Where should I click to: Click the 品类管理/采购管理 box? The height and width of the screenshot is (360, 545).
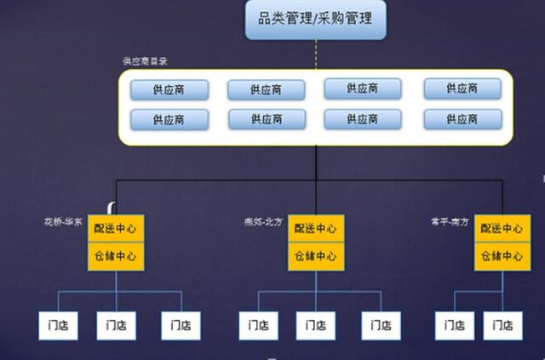(x=315, y=19)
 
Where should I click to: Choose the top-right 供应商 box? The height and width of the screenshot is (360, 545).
(x=450, y=89)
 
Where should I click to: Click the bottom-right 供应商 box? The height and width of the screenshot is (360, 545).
(x=450, y=118)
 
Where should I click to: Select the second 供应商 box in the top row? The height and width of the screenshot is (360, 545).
(x=267, y=89)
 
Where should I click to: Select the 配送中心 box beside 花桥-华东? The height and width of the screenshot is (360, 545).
(x=116, y=228)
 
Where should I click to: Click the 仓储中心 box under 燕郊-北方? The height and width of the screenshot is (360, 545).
(x=316, y=256)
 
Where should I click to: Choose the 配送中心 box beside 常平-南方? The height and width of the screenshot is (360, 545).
(x=502, y=228)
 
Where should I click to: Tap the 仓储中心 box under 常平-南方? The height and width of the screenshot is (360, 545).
(x=502, y=256)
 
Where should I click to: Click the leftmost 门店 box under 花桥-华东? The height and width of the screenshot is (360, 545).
(x=58, y=325)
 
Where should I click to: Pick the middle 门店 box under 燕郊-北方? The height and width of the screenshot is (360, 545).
(x=316, y=325)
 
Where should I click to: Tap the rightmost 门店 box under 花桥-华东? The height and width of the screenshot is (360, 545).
(x=181, y=325)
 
